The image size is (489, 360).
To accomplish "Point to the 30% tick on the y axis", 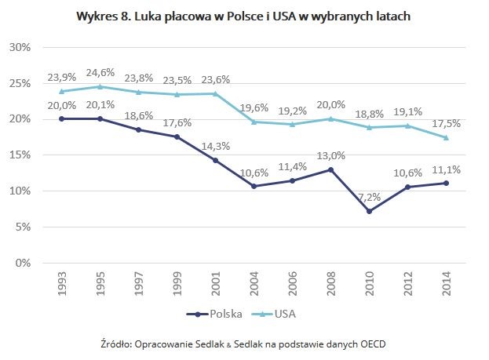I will pyautogui.click(x=19, y=47).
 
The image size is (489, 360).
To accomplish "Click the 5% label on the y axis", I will pyautogui.click(x=22, y=227).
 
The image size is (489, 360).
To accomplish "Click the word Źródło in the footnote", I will pyautogui.click(x=117, y=344).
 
